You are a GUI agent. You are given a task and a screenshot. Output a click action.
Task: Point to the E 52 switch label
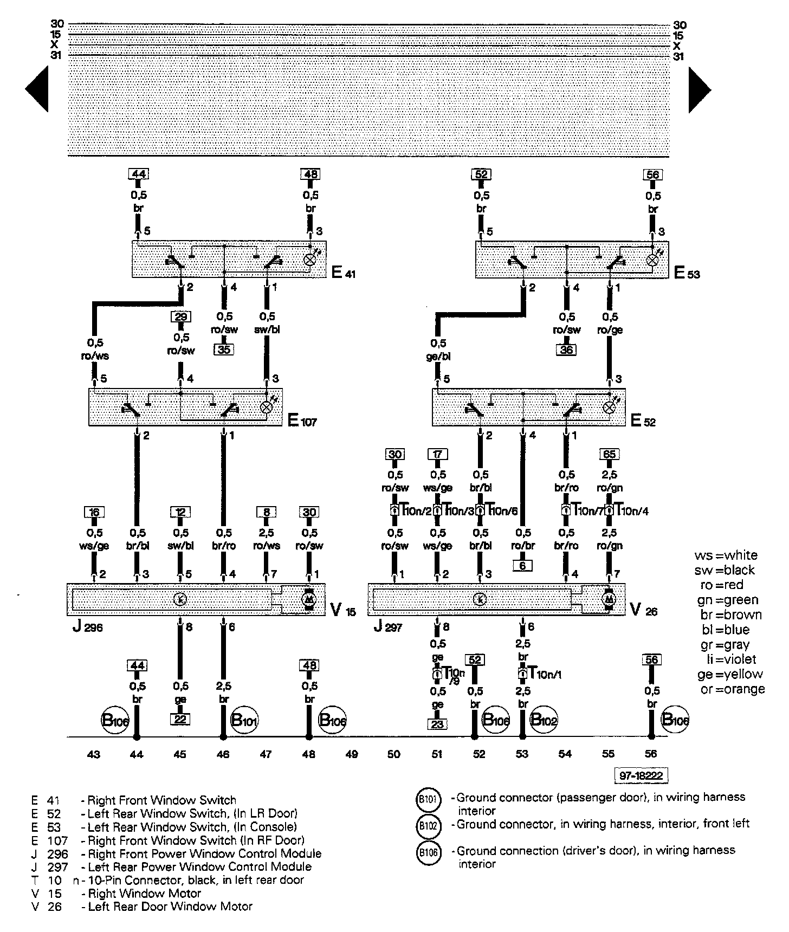click(x=643, y=420)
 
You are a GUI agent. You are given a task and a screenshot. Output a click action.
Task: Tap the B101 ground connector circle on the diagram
click(x=244, y=721)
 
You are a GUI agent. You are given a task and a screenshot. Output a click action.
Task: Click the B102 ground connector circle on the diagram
click(x=544, y=720)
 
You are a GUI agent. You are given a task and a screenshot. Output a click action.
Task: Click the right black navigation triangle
click(x=700, y=89)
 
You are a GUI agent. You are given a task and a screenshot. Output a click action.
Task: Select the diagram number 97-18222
click(x=641, y=776)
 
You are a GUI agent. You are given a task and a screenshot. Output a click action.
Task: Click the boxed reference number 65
click(x=610, y=454)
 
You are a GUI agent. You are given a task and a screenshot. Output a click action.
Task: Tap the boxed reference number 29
click(x=180, y=317)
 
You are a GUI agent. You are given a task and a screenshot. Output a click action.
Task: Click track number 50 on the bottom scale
click(x=394, y=754)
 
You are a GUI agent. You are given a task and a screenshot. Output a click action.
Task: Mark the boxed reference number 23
click(x=437, y=724)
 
